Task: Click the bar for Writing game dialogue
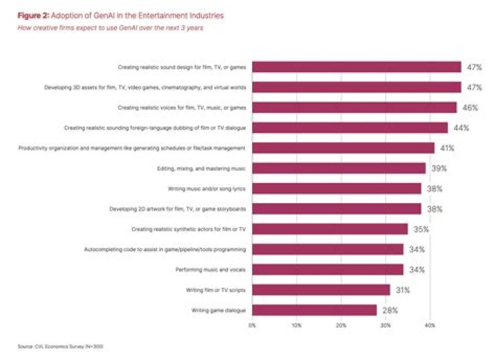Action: tap(314, 310)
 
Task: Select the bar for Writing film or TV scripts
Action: tap(321, 290)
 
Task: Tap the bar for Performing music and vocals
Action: tap(328, 269)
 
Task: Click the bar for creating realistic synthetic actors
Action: tap(330, 229)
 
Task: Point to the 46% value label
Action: tap(471, 107)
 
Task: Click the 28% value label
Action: tap(391, 310)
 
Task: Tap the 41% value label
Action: tap(448, 148)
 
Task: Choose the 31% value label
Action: tap(404, 290)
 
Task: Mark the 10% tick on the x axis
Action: tap(297, 325)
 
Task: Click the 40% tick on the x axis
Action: tap(431, 325)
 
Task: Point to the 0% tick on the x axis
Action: tap(252, 325)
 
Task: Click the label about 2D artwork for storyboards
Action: tap(178, 209)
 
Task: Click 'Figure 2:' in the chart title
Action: tap(31, 14)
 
